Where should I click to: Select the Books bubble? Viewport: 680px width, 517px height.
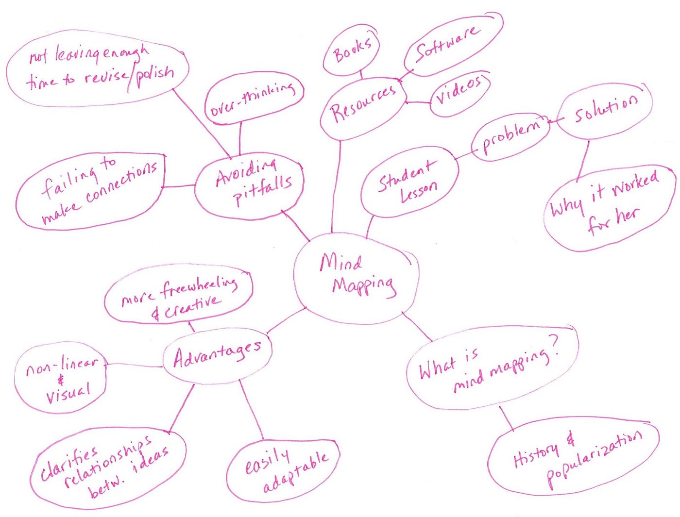pos(352,51)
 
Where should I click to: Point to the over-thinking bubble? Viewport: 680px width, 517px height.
pos(253,100)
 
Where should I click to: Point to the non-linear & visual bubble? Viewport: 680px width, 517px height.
pos(61,379)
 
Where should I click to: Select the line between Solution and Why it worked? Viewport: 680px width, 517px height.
pos(583,160)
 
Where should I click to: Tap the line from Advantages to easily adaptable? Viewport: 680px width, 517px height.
pos(251,411)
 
